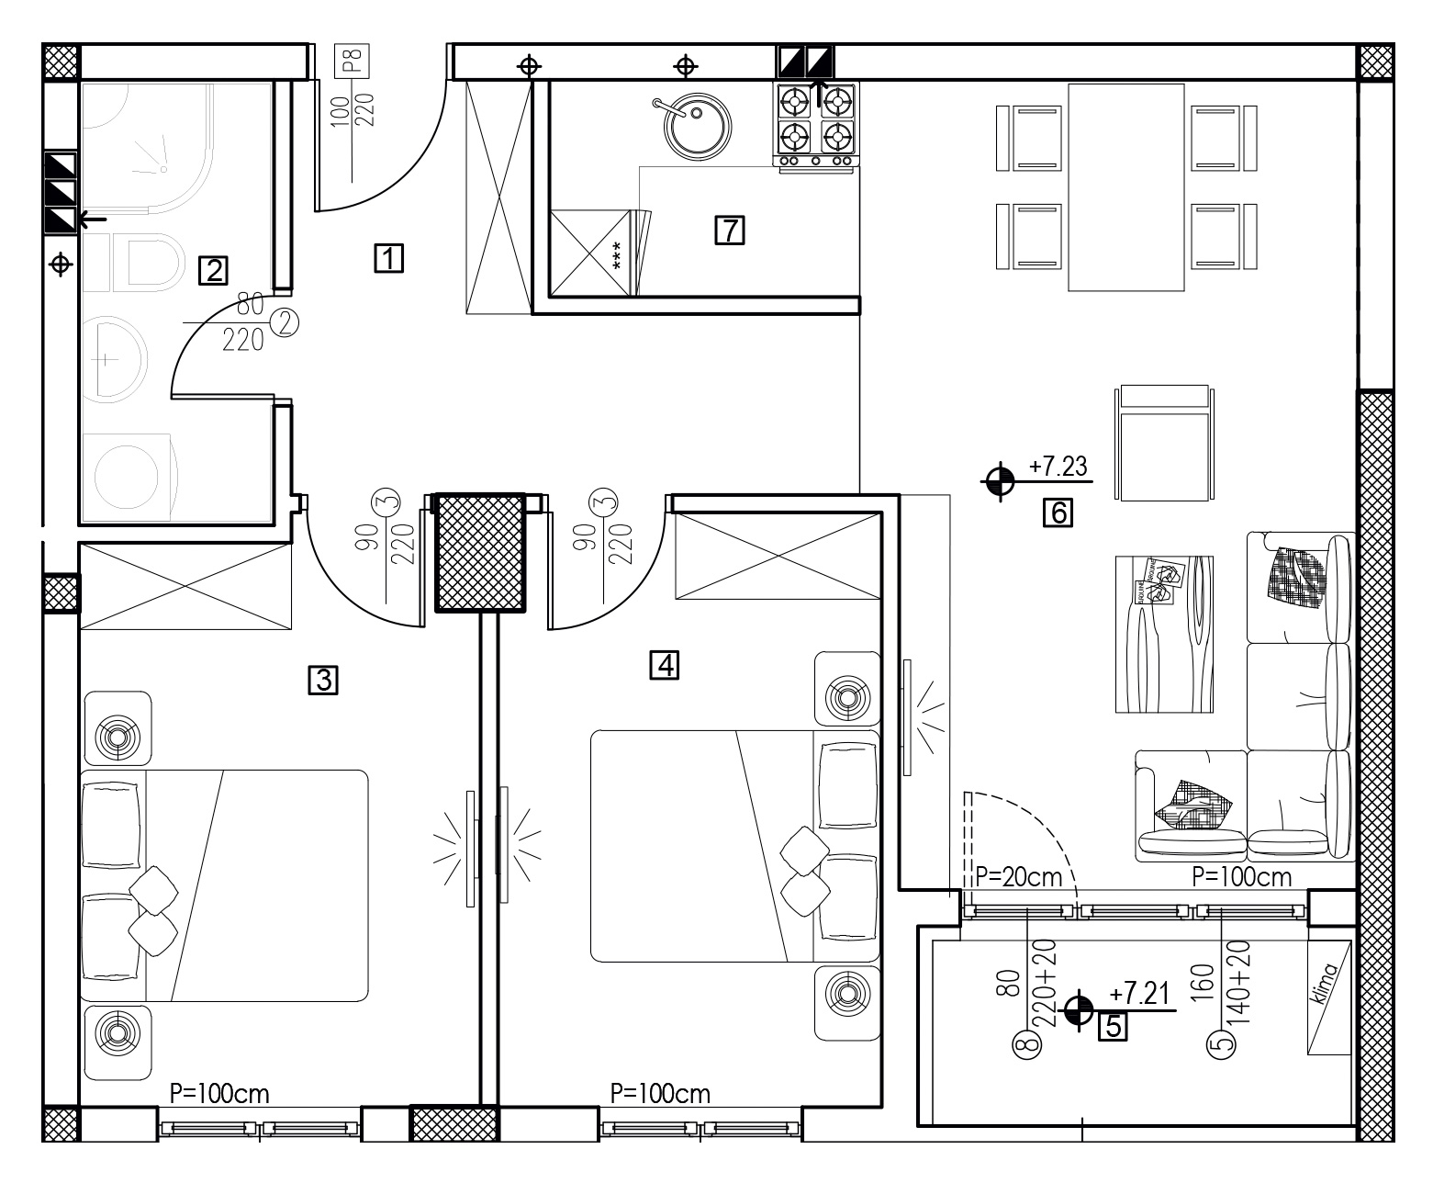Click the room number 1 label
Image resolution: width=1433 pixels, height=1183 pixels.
coord(388,258)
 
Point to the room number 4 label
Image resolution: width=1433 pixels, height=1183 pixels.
coord(664,664)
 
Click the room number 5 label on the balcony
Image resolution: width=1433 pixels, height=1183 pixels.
coord(1113,1024)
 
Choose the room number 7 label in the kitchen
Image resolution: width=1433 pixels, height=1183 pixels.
coord(730,230)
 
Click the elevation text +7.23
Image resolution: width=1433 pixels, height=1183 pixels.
coord(1058,467)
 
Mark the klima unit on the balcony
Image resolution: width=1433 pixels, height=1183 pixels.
coord(1329,997)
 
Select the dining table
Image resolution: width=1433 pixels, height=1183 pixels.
coord(1126,186)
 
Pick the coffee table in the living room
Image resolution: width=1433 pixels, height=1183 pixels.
coord(1163,634)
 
